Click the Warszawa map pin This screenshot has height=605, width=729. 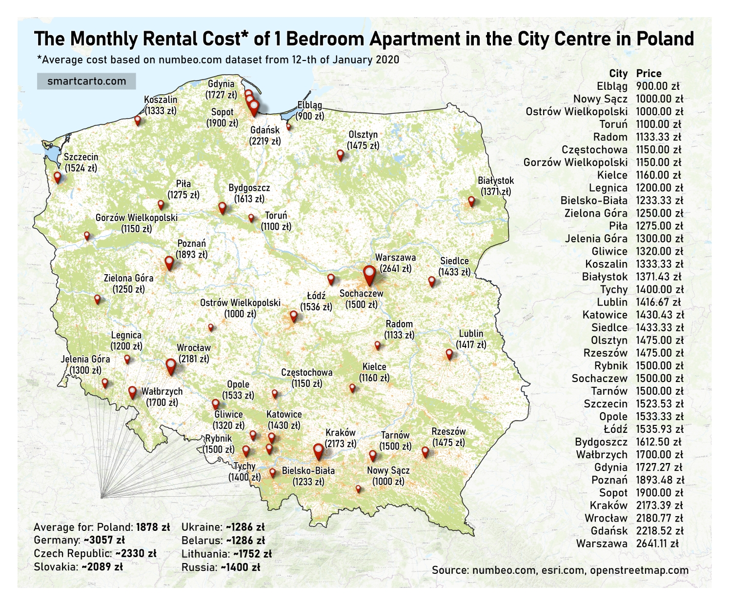369,275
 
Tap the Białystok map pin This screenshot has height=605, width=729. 471,201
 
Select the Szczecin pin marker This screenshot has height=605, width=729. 58,177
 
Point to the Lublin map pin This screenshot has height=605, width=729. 449,354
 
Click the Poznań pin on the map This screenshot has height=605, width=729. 169,262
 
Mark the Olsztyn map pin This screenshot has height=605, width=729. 340,155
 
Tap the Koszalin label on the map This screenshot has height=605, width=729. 161,100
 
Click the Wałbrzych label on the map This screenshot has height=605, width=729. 162,391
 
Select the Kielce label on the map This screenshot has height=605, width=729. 374,367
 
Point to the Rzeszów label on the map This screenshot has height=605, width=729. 448,432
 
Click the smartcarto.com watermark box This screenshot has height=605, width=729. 86,81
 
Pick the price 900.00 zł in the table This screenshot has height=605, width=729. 658,86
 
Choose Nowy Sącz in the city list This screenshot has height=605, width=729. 600,99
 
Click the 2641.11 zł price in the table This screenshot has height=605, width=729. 657,544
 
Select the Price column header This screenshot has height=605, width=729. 648,74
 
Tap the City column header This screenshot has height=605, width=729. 618,74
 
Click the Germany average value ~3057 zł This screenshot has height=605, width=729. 104,540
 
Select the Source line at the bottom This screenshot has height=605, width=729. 560,570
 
